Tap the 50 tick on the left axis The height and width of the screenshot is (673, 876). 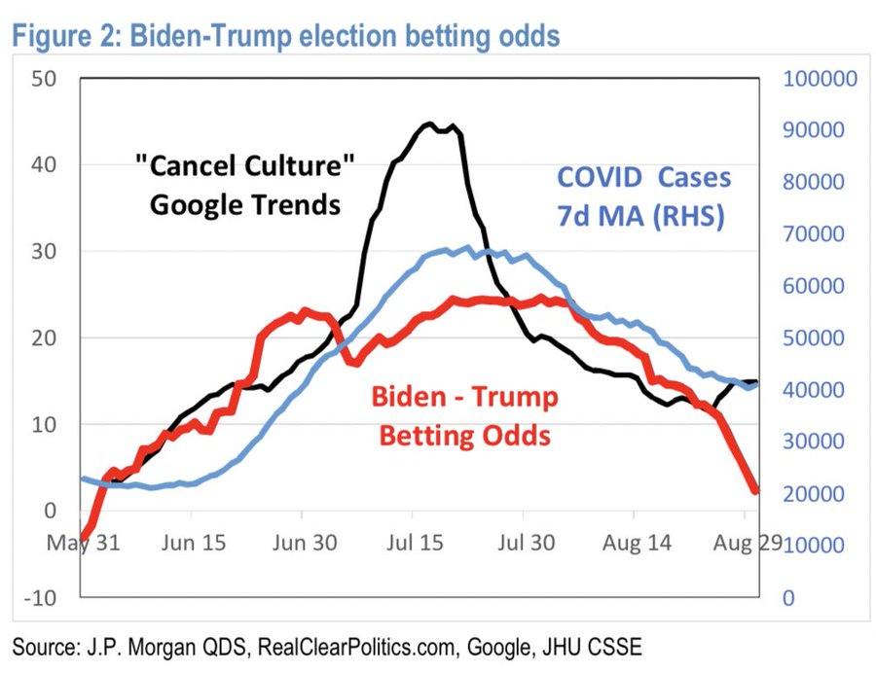(45, 79)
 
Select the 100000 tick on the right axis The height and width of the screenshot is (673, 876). (817, 79)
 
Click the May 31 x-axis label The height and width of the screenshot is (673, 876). (84, 543)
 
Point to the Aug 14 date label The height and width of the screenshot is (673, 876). (637, 543)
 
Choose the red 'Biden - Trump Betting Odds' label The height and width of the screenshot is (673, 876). (465, 415)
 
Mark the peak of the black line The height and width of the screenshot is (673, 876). (429, 124)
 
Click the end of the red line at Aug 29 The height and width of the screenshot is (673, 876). (754, 490)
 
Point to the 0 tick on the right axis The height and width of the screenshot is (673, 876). (788, 597)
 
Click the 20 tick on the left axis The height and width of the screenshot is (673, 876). (45, 338)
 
